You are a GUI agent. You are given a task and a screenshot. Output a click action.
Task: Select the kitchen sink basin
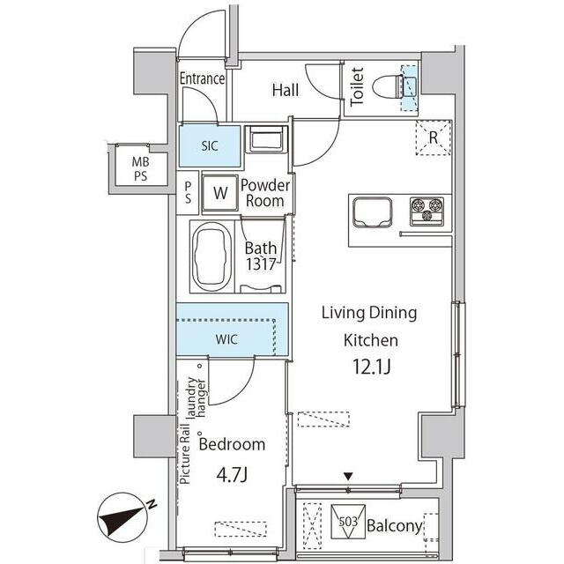pyautogui.click(x=372, y=212)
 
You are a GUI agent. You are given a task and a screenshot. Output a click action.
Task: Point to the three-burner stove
pyautogui.click(x=427, y=211)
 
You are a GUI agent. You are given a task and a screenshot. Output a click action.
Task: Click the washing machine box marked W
pyautogui.click(x=219, y=193)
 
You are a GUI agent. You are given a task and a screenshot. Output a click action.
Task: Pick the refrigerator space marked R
pyautogui.click(x=434, y=137)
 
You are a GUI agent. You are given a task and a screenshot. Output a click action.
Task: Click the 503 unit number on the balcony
pyautogui.click(x=348, y=521)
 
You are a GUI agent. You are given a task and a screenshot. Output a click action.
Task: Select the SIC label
pyautogui.click(x=210, y=146)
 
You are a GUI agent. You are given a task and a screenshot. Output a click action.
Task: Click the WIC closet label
pyautogui.click(x=226, y=339)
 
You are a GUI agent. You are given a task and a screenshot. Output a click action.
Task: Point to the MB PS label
pyautogui.click(x=140, y=168)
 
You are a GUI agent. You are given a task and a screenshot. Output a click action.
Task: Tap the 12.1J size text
pyautogui.click(x=371, y=367)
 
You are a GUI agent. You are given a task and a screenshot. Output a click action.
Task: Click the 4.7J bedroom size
pyautogui.click(x=232, y=476)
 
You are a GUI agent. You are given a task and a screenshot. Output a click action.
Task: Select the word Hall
pyautogui.click(x=286, y=90)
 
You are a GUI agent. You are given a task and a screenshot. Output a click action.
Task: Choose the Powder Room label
pyautogui.click(x=265, y=193)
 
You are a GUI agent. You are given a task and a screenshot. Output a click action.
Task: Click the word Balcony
pyautogui.click(x=395, y=526)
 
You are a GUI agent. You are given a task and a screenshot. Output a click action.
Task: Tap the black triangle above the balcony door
pyautogui.click(x=348, y=477)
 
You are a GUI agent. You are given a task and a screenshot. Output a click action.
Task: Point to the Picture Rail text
pyautogui.click(x=185, y=454)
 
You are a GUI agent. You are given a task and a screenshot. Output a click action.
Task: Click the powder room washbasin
pyautogui.click(x=266, y=139)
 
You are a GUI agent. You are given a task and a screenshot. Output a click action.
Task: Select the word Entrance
pyautogui.click(x=202, y=78)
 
